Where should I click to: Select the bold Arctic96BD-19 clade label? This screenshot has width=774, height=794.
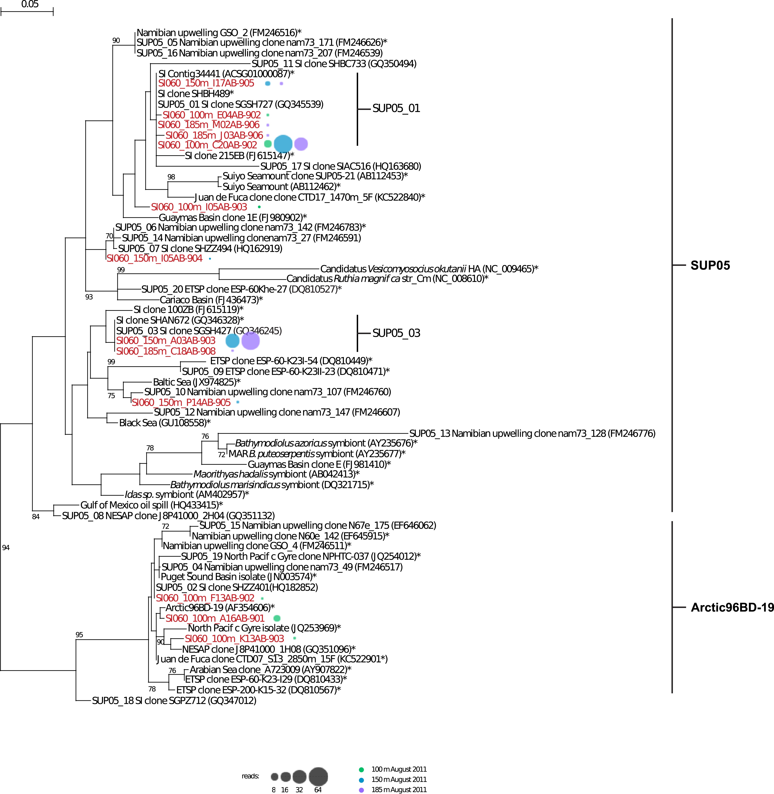[x=732, y=608]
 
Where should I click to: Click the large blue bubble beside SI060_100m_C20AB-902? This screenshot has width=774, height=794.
[x=283, y=144]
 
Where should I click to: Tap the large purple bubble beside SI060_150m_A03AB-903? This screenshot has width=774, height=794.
[x=250, y=340]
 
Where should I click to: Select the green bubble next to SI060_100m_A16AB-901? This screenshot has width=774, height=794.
[x=277, y=618]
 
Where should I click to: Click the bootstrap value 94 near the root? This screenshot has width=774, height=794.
[x=6, y=547]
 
